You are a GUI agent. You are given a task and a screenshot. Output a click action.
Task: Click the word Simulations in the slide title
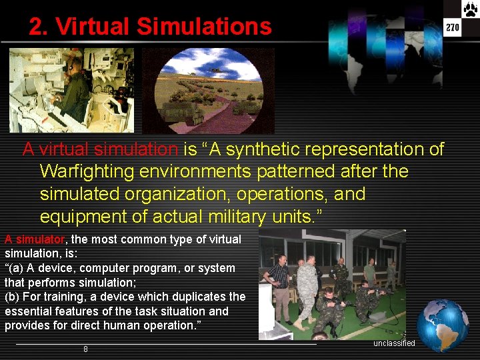pos(204,27)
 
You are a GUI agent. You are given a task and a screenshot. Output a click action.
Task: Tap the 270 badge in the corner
pos(453,27)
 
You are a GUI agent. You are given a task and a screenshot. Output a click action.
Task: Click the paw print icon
pos(470,9)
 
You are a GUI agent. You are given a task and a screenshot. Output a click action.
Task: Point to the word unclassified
pos(394,343)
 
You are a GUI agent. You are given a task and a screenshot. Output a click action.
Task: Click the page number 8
pos(85,349)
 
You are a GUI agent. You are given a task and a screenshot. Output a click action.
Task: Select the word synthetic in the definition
pos(266,149)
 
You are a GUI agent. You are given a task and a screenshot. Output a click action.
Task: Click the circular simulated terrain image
pos(209,90)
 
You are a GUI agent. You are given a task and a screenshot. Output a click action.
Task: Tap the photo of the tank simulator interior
pos(71,90)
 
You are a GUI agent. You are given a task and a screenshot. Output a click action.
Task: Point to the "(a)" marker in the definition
pos(13,268)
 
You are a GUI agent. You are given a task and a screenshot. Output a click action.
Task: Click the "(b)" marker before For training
pos(13,297)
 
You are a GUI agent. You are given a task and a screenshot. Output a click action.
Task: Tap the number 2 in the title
pos(37,27)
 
